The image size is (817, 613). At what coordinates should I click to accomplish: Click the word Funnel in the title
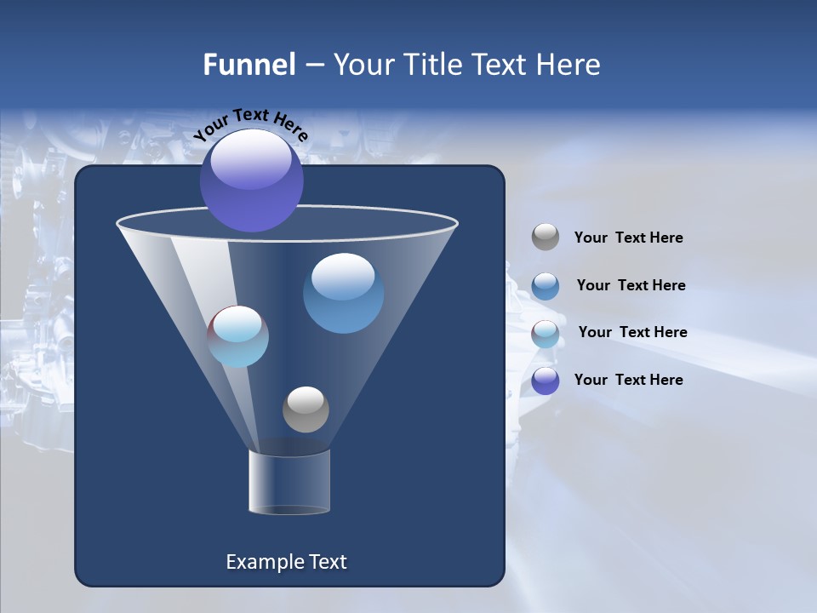[249, 65]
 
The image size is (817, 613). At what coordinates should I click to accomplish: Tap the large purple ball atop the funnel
[252, 180]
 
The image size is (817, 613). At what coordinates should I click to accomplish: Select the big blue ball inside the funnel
[343, 294]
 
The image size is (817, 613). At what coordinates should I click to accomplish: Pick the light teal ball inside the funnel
[238, 336]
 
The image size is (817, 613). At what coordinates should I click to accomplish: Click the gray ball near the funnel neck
[306, 410]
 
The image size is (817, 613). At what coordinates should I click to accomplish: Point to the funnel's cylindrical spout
[289, 482]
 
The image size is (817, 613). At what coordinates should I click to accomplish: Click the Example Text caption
[287, 562]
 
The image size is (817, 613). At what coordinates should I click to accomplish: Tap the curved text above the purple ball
[250, 123]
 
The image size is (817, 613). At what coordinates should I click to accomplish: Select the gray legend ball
[546, 237]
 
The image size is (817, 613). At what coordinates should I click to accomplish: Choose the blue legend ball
[546, 286]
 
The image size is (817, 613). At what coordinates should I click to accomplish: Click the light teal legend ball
[546, 334]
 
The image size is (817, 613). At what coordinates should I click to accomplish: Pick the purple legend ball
[546, 381]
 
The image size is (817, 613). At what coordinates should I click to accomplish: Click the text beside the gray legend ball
[628, 238]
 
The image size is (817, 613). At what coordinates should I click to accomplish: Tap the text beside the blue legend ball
[631, 285]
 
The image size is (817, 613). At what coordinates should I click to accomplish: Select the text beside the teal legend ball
[632, 332]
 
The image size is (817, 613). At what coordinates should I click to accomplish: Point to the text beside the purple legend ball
[628, 380]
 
